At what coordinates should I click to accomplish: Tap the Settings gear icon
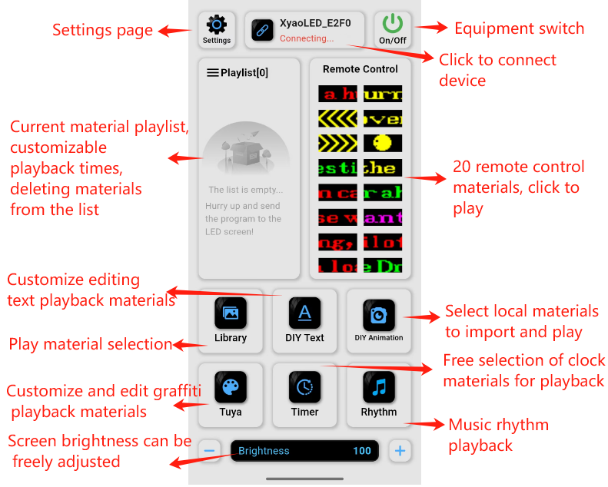tap(217, 25)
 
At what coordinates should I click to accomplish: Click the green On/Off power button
tap(393, 23)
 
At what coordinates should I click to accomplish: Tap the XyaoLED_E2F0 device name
tap(315, 23)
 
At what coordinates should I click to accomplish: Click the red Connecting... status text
tap(307, 38)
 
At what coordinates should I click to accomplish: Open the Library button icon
tap(231, 313)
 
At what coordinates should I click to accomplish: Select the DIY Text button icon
tap(304, 313)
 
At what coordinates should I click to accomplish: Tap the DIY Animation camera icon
tap(379, 314)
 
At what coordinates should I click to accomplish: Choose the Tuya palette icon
tap(231, 387)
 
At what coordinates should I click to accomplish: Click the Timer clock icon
tap(304, 387)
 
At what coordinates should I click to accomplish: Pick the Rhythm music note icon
tap(379, 387)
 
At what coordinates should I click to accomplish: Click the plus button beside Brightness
tap(399, 451)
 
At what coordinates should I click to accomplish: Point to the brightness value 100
tap(362, 451)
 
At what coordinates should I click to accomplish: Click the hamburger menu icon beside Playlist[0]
tap(213, 73)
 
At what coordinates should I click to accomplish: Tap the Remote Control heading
tap(360, 69)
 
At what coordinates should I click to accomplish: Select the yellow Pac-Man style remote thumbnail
tap(383, 143)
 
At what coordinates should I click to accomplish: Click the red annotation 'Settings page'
tap(102, 31)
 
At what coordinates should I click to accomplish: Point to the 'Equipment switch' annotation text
tap(519, 29)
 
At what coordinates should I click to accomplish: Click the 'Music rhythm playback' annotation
tap(498, 435)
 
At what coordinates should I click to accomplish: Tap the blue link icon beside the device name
tap(263, 31)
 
